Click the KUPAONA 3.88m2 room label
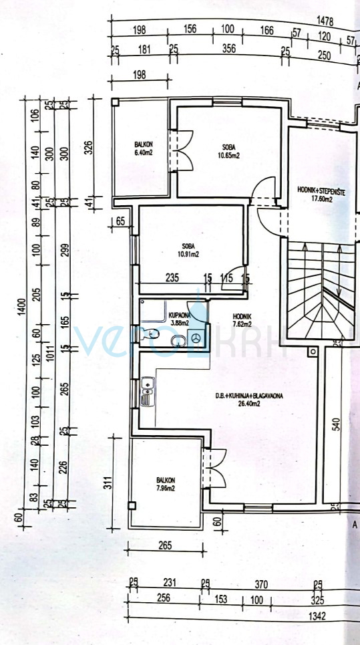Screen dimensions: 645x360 point(180,319)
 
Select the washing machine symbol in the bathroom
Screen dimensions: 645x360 point(197,340)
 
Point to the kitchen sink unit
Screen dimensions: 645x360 point(146,393)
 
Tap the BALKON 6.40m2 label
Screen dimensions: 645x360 point(144,148)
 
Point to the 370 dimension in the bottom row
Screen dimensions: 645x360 point(261,584)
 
